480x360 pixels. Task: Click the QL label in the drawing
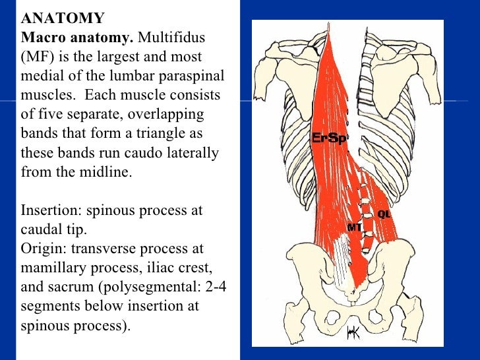tap(384, 214)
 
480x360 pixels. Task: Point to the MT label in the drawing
tap(355, 227)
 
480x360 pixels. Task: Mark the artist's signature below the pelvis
tap(353, 335)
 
